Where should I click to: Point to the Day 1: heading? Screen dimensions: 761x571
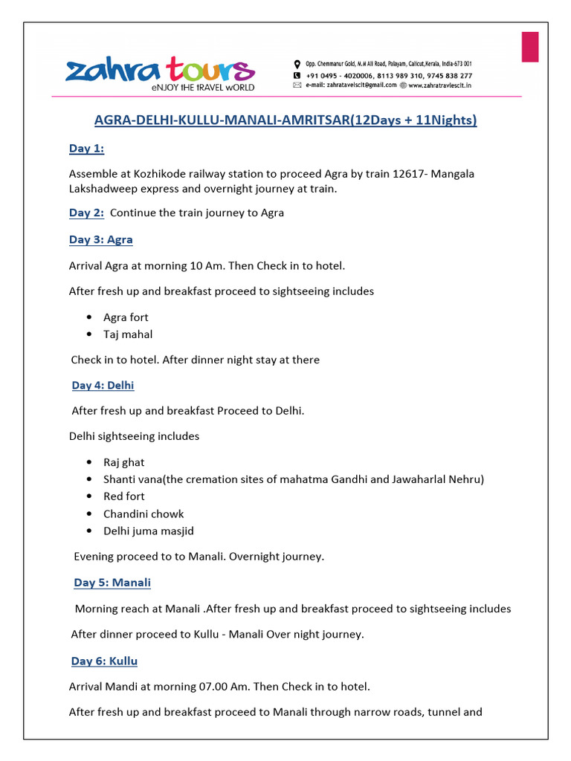[x=87, y=149]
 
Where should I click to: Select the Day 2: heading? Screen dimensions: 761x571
[x=87, y=213]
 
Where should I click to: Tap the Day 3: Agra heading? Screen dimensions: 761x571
[x=101, y=239]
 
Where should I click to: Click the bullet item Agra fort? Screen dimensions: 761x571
[x=126, y=317]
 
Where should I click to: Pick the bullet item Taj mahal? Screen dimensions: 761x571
[x=128, y=334]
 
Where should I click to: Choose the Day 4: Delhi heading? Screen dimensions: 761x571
[x=103, y=385]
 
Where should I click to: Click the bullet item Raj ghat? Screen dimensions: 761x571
[x=124, y=462]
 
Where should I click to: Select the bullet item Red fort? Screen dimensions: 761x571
[x=124, y=496]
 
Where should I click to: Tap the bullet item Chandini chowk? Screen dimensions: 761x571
[x=143, y=514]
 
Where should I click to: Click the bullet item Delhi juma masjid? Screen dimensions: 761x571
[x=149, y=531]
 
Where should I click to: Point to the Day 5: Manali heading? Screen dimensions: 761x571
[x=112, y=583]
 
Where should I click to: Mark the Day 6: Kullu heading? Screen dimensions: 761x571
[x=104, y=661]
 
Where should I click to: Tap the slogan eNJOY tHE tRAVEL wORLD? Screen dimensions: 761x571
[x=202, y=88]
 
